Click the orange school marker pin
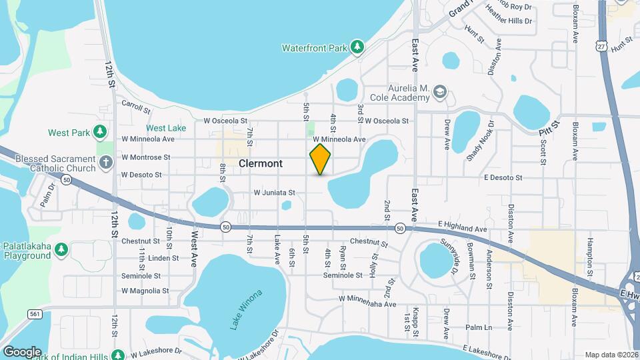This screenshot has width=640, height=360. (x=320, y=159)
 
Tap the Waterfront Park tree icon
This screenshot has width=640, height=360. (x=358, y=47)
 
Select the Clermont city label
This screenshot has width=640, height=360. (x=260, y=163)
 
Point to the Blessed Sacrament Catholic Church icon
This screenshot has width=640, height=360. (x=105, y=162)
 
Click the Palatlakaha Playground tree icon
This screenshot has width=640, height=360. (x=61, y=249)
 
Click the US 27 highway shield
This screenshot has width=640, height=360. (x=602, y=45)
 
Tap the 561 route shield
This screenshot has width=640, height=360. (x=37, y=313)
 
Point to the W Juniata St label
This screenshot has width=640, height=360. (x=273, y=193)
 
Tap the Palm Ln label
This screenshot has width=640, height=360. (x=479, y=327)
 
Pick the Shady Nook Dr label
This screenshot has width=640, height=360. (x=481, y=141)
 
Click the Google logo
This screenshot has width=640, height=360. (x=22, y=351)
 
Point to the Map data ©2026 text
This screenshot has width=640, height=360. (x=611, y=355)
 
